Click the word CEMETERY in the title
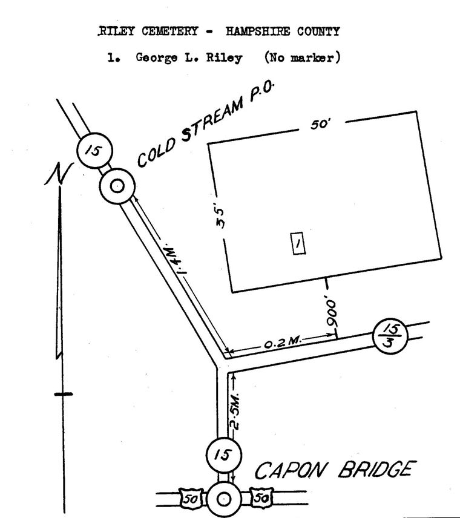(169, 31)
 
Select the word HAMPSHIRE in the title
(258, 31)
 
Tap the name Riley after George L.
(225, 58)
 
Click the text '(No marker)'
(303, 57)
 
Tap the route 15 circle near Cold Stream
(94, 151)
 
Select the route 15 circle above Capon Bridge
(223, 455)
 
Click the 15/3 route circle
(390, 336)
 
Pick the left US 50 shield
(191, 498)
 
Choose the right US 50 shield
(261, 497)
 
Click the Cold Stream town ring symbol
(117, 186)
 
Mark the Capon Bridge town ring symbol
(225, 499)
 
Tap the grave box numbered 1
(298, 244)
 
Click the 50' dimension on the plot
(320, 125)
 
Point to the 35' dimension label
(220, 217)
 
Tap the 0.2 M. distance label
(283, 343)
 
